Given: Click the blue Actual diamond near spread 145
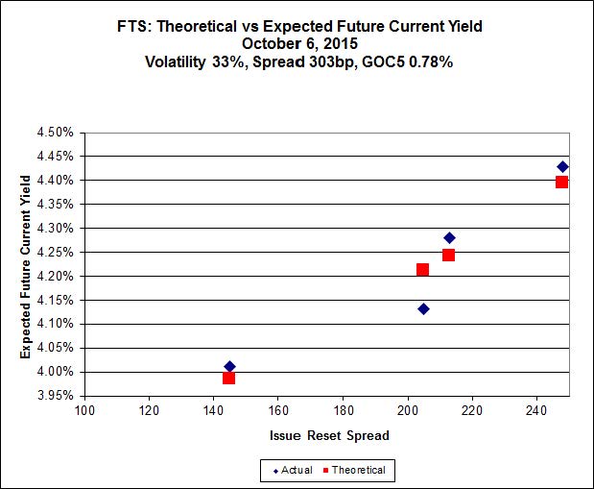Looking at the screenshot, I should pos(229,366).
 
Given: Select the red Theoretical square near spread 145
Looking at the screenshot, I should pos(228,378).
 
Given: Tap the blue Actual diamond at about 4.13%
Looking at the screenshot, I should pos(423,308).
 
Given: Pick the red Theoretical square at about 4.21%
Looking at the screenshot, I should pos(422,269).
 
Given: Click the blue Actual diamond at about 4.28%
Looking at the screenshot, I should pos(449,237).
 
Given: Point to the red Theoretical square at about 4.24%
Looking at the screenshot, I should pos(448,255).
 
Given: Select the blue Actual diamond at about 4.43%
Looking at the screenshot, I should pos(562,166).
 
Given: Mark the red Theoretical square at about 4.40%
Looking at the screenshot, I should pos(561,182).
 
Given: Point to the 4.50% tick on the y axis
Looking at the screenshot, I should pos(57,132).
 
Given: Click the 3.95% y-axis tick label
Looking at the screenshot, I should pos(57,395).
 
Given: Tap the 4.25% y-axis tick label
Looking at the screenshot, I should pos(57,252).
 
